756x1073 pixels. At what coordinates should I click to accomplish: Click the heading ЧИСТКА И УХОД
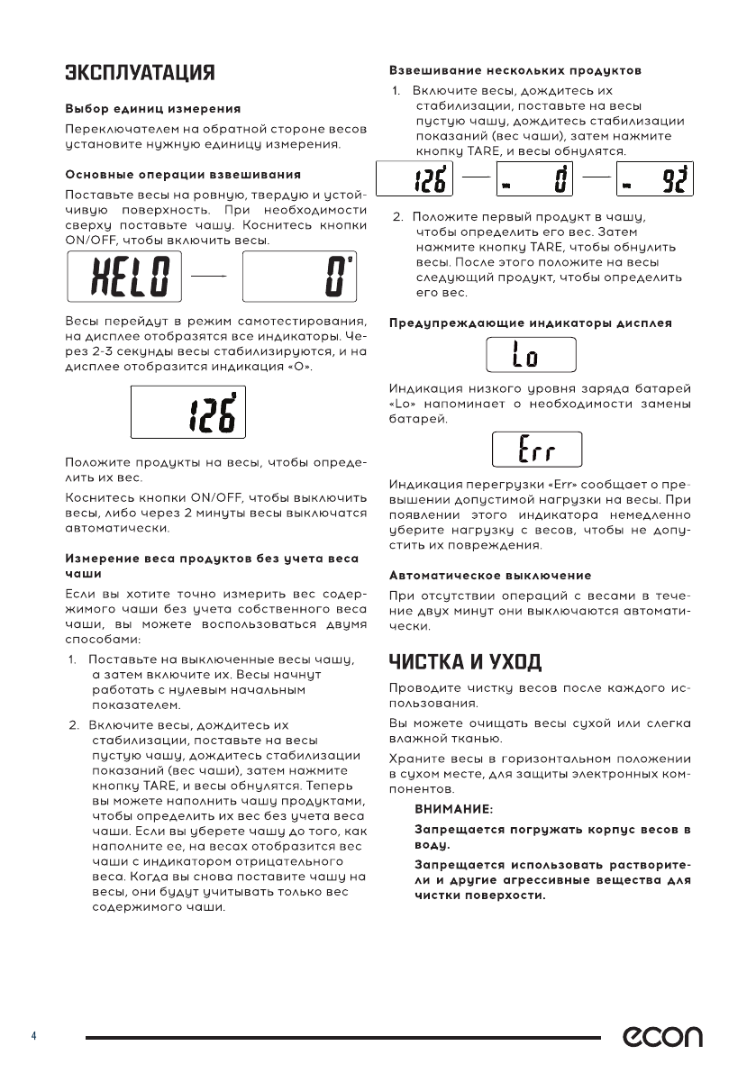[x=465, y=662]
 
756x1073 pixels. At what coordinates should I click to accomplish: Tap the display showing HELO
[x=124, y=277]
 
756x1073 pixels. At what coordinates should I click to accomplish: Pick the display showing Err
[x=536, y=449]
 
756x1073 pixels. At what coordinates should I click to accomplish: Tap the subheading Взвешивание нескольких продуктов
[x=515, y=69]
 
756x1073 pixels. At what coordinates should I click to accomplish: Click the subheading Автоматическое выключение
[x=490, y=574]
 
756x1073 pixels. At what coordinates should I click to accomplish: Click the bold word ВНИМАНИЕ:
[x=453, y=809]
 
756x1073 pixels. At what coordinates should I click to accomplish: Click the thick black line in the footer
[x=342, y=1038]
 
